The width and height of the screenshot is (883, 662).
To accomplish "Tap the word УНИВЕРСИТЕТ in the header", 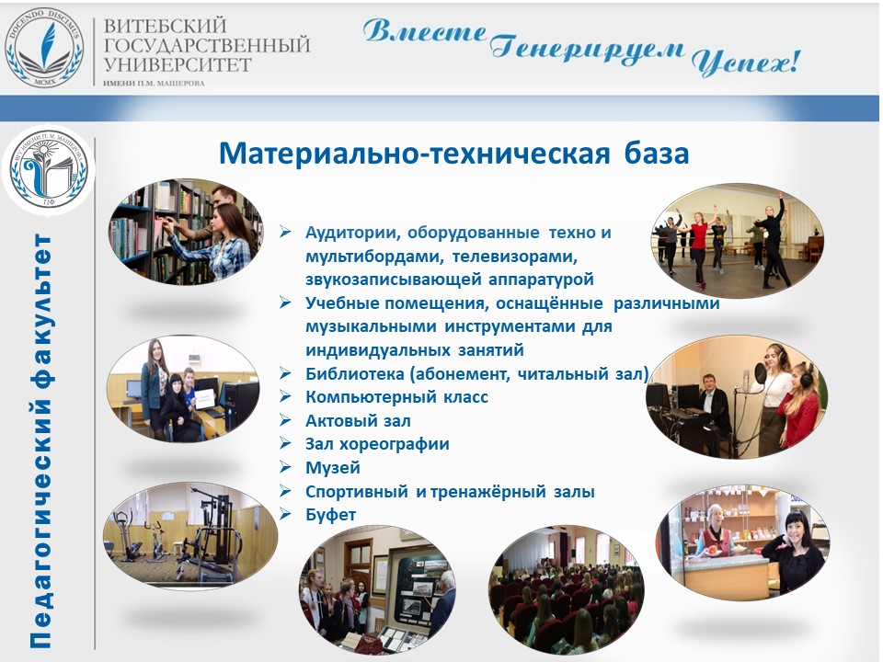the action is coord(178,64).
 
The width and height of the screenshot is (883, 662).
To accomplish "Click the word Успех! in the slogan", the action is coord(746,62).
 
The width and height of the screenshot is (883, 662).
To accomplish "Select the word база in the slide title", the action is coord(657,154).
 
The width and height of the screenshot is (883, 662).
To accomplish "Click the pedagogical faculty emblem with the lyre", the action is coord(48,169).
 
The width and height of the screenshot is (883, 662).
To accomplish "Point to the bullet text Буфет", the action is coord(330,515).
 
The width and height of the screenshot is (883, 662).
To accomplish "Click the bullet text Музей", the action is coord(333,467).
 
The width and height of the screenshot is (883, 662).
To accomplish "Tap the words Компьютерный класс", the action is coord(396,397).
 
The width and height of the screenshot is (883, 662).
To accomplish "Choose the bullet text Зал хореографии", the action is coord(377,443).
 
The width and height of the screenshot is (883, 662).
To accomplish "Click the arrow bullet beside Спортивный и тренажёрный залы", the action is coord(285,491).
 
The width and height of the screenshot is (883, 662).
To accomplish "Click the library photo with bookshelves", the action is coord(186,232).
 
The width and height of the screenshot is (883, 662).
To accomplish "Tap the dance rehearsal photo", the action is coord(737,241).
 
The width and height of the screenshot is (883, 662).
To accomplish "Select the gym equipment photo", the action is coord(190,535).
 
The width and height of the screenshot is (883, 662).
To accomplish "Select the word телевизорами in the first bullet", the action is coord(515,257).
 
